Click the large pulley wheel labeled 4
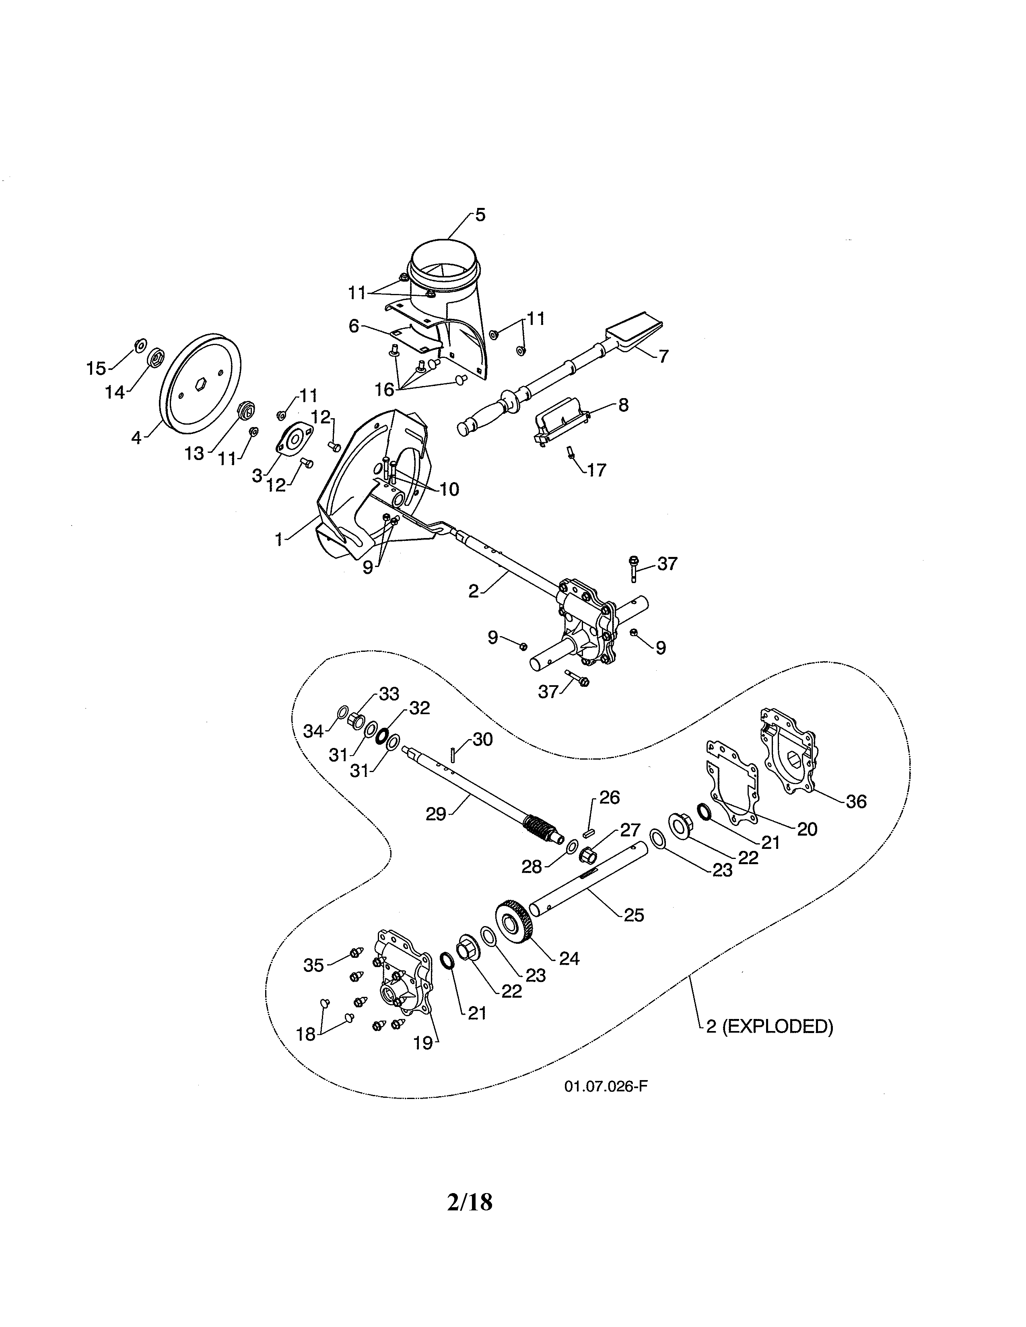click(x=201, y=384)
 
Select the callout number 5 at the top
click(x=480, y=215)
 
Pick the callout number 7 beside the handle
click(x=663, y=356)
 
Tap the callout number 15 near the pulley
click(x=96, y=368)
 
